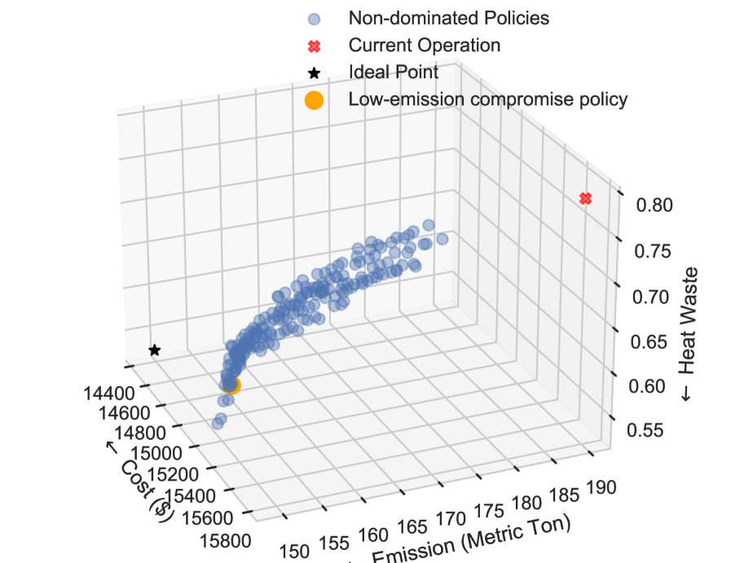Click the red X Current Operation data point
[x=584, y=199]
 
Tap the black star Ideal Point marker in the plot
[x=154, y=350]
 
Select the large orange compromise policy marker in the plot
[x=231, y=385]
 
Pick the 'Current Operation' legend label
[x=424, y=44]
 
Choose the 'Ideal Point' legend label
[x=394, y=72]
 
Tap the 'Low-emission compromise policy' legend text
[x=487, y=99]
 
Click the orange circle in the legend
[x=313, y=100]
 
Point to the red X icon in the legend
[x=313, y=44]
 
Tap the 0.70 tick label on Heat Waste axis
[x=653, y=296]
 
